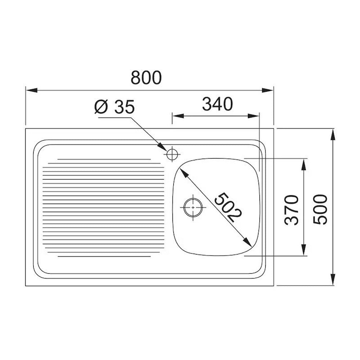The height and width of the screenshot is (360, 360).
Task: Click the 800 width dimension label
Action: pyautogui.click(x=146, y=77)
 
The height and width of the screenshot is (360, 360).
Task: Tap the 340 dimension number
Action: pyautogui.click(x=217, y=104)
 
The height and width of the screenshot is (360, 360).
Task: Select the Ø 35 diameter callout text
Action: pyautogui.click(x=114, y=107)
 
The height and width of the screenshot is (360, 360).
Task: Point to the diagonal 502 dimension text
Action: pyautogui.click(x=228, y=208)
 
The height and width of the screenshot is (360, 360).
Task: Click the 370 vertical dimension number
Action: pyautogui.click(x=291, y=210)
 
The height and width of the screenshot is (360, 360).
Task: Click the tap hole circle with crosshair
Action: pyautogui.click(x=172, y=154)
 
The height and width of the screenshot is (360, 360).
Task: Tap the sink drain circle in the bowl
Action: pyautogui.click(x=193, y=207)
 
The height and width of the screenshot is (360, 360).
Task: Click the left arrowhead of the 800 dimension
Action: pyautogui.click(x=31, y=90)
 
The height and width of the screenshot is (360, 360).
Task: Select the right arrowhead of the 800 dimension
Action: pyautogui.click(x=268, y=90)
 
